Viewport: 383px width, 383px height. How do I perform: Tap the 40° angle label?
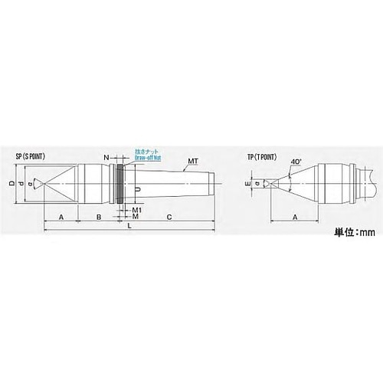pyautogui.click(x=296, y=162)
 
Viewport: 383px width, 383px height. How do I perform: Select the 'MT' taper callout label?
pyautogui.click(x=193, y=162)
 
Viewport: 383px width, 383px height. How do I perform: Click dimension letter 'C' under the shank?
pyautogui.click(x=168, y=218)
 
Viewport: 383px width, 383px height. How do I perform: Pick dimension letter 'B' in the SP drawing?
pyautogui.click(x=98, y=218)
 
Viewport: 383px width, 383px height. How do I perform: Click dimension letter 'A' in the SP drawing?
pyautogui.click(x=61, y=218)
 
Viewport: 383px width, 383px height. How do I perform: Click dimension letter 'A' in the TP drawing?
pyautogui.click(x=295, y=218)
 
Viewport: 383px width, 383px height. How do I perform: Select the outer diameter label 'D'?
pyautogui.click(x=11, y=184)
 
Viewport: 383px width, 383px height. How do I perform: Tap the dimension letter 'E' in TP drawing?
pyautogui.click(x=247, y=184)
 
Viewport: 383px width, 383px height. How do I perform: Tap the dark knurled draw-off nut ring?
pyautogui.click(x=120, y=184)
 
